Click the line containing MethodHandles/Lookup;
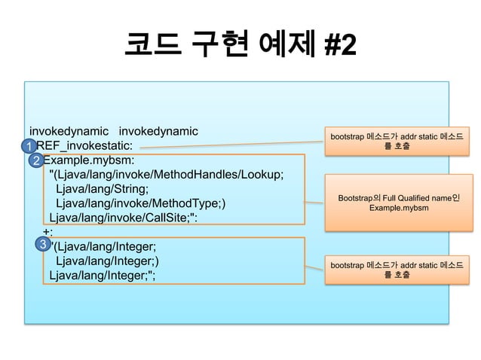[x=166, y=175]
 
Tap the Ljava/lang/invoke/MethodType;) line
[x=140, y=204]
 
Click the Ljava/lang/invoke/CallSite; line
[x=124, y=218]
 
